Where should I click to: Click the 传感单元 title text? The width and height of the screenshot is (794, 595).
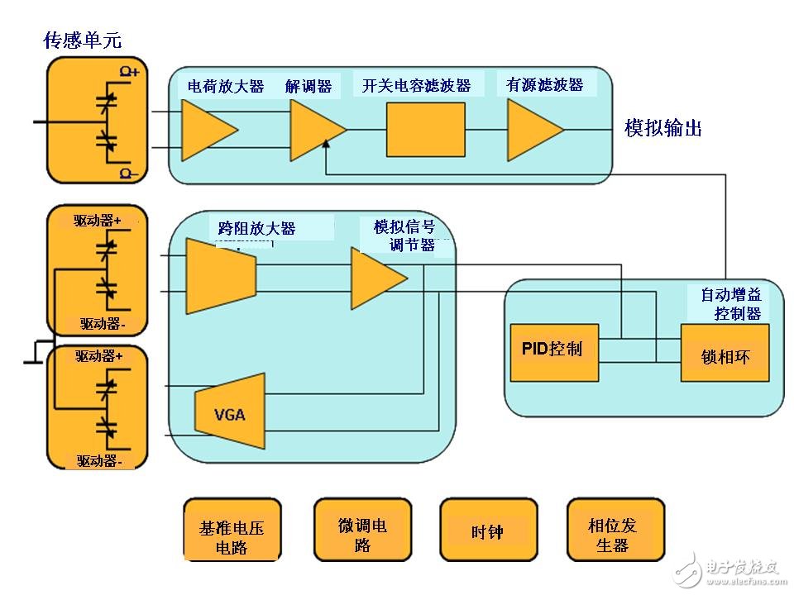click(x=82, y=40)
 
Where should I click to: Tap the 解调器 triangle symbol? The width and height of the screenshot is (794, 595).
click(x=315, y=131)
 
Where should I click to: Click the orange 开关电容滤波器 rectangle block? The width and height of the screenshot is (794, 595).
click(x=425, y=130)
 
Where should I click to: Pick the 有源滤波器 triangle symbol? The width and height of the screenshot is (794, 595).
click(x=533, y=130)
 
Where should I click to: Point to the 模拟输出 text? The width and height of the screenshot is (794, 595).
click(x=663, y=128)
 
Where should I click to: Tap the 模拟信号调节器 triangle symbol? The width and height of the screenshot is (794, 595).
click(x=376, y=278)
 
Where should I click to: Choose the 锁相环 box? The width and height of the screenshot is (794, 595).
click(x=725, y=353)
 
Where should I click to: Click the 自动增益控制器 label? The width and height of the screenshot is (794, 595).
click(x=730, y=303)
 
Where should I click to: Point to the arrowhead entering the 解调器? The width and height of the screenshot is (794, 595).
click(x=326, y=146)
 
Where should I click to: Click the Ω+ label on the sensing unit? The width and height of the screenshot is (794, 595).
click(x=131, y=73)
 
